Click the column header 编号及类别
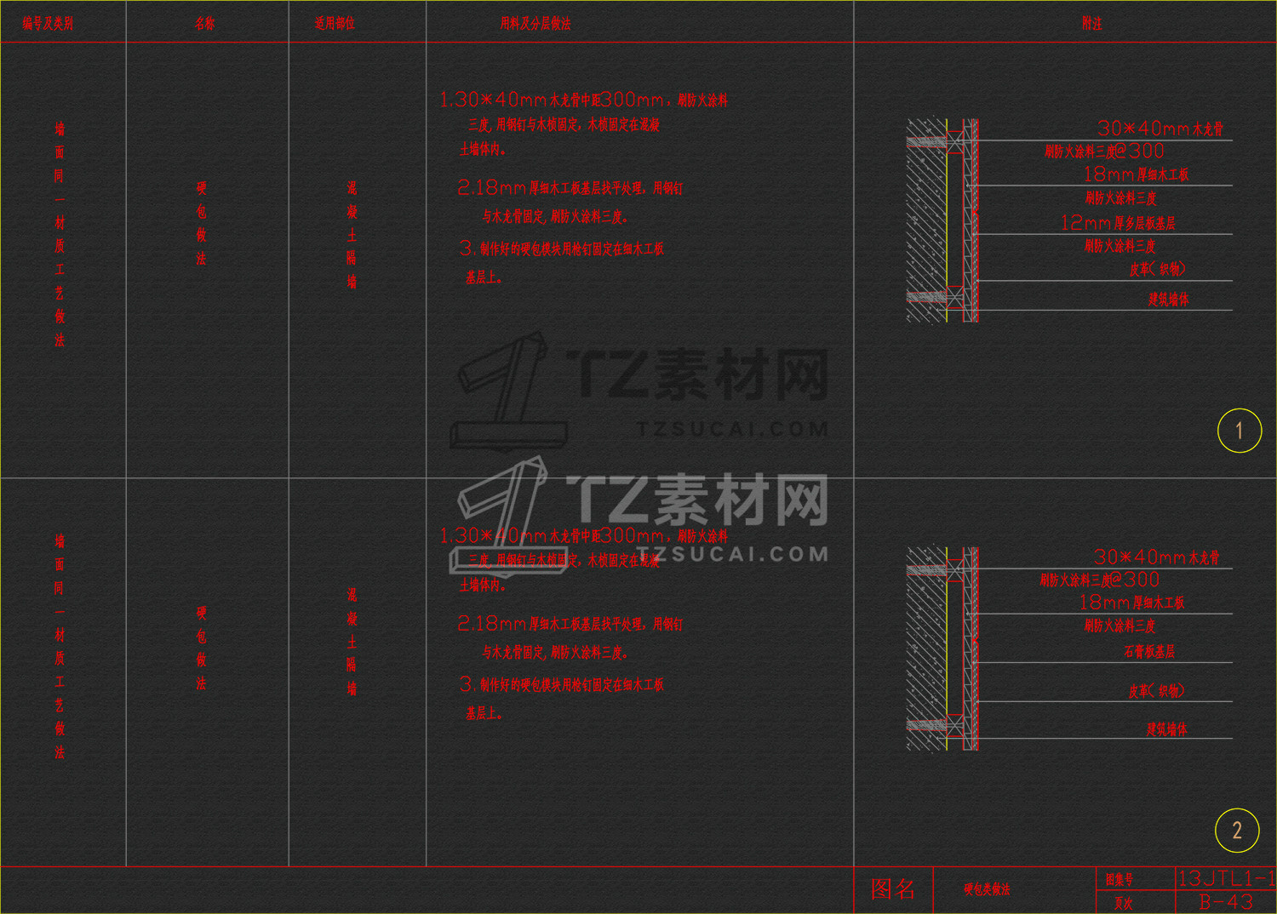(48, 24)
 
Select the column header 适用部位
(335, 24)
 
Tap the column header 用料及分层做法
(535, 24)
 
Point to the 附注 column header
(1091, 24)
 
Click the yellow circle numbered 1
(1239, 431)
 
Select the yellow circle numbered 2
(1237, 831)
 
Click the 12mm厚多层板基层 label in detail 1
(1118, 223)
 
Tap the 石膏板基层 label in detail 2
(1149, 652)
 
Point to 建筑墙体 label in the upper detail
(1168, 300)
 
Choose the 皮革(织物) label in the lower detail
(1156, 691)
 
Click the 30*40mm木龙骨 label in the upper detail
(1160, 129)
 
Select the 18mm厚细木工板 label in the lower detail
(1131, 603)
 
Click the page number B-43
(1225, 902)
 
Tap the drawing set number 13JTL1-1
(1225, 878)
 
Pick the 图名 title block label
(893, 889)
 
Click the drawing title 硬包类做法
(987, 889)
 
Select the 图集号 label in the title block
(1119, 879)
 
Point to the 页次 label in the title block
(1124, 903)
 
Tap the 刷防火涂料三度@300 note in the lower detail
(1099, 580)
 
